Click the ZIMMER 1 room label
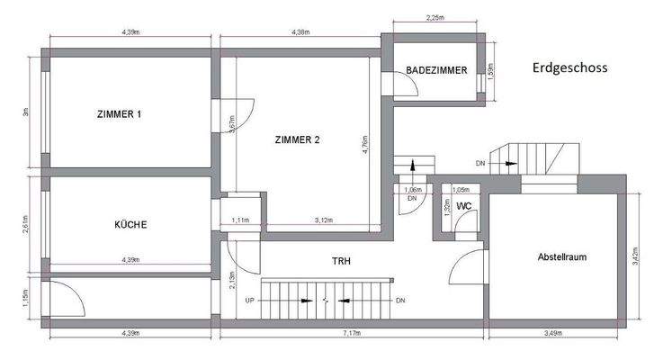pos(119,114)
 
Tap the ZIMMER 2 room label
pos(297,139)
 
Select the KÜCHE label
pos(130,224)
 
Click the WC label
pos(464,206)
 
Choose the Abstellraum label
pos(562,256)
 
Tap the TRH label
pos(340,261)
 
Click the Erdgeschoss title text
pos(570,67)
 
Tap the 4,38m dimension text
pos(300,33)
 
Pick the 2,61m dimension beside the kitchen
pos(27,223)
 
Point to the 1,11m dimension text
pos(240,220)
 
